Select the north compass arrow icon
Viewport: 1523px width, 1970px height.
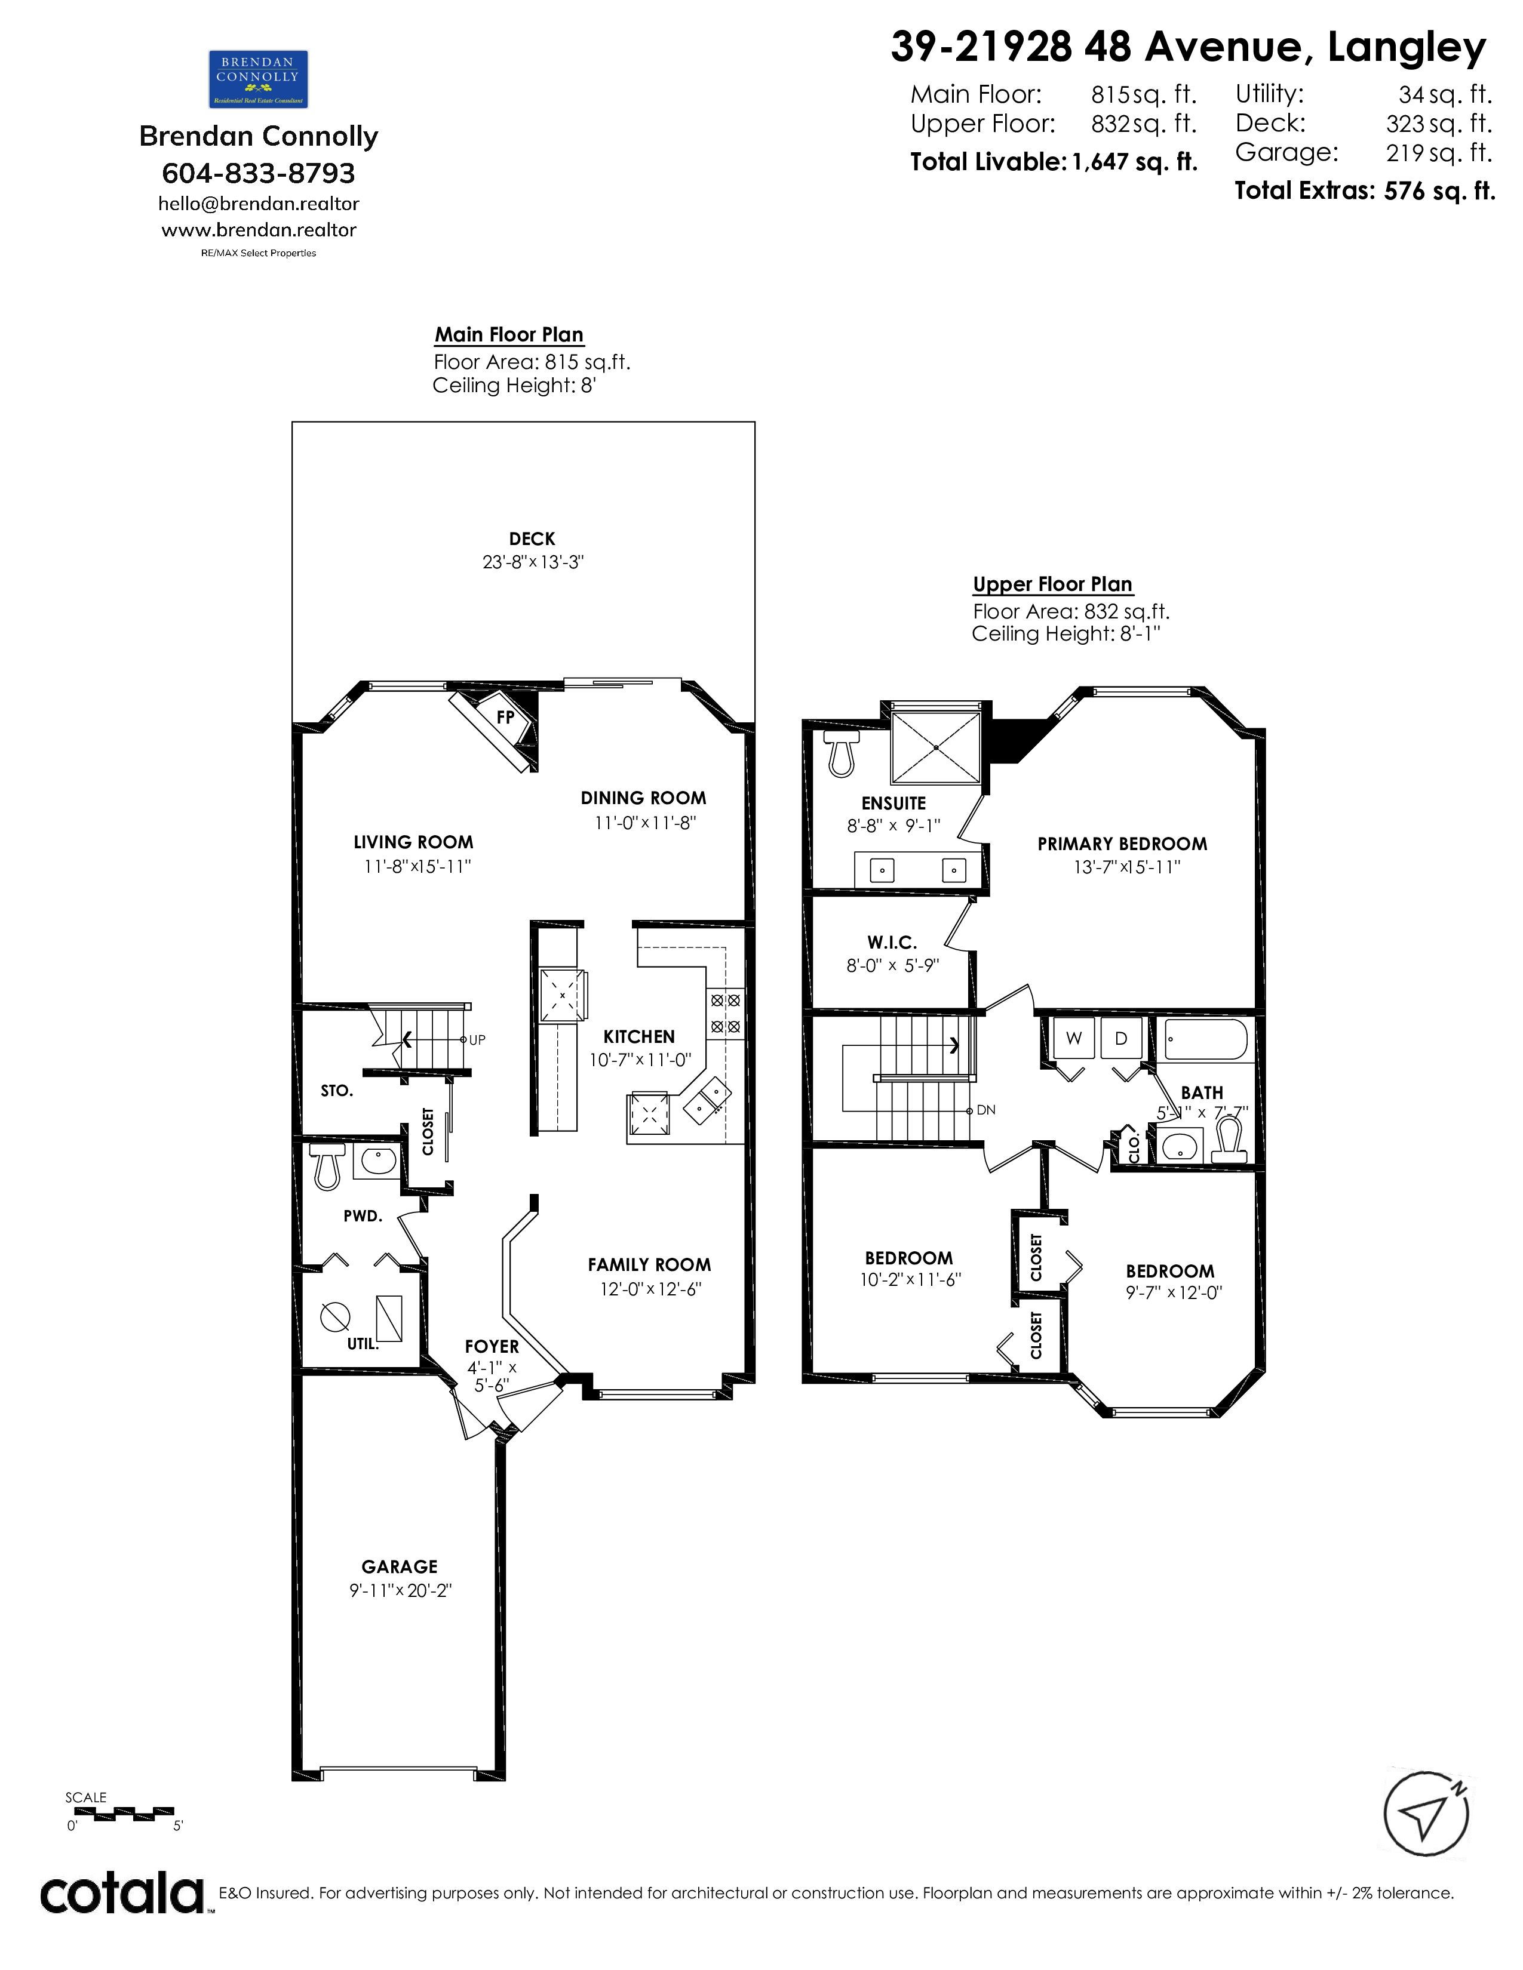(x=1426, y=1814)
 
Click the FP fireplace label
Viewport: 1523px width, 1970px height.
(x=505, y=716)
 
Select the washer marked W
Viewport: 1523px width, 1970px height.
(x=1074, y=1038)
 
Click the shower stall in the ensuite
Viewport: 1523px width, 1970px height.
(x=936, y=747)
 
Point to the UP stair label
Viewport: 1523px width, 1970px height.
(x=477, y=1040)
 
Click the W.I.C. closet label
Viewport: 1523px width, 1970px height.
(x=892, y=943)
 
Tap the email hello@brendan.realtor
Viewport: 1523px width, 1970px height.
(x=259, y=204)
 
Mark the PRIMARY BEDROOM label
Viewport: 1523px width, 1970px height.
(x=1122, y=844)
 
